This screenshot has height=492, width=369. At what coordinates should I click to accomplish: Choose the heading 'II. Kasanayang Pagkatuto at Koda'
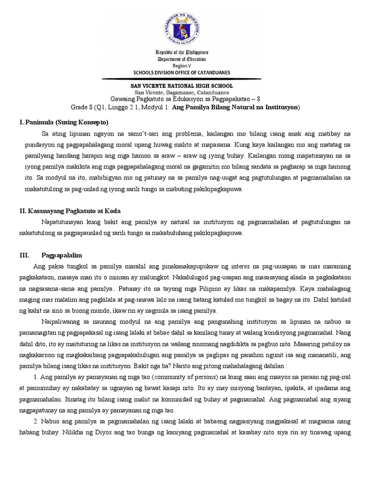(x=68, y=210)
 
